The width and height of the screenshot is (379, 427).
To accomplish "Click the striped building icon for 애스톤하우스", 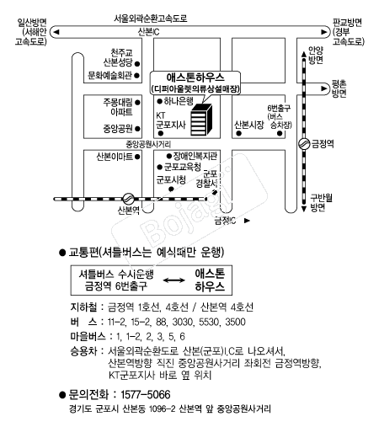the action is (x=201, y=120).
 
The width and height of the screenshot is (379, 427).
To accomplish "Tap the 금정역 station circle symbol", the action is (x=303, y=144).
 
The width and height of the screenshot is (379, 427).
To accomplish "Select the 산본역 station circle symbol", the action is (x=128, y=199).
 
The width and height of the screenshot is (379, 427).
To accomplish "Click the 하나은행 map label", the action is (x=179, y=101).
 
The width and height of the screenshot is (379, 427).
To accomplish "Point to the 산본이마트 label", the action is (x=115, y=157).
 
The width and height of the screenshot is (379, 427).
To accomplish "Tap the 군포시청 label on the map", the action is (x=171, y=179).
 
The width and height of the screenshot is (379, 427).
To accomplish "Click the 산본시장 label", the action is (x=249, y=125).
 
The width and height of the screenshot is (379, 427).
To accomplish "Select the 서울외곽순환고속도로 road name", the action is (x=151, y=19).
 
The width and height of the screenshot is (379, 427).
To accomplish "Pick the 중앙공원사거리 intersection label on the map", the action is (x=148, y=144).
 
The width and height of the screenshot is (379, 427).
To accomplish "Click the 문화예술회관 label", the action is (x=109, y=75).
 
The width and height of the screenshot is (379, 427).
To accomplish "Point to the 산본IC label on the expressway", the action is (x=148, y=32).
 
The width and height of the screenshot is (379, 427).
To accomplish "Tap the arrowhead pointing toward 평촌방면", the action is (x=324, y=88).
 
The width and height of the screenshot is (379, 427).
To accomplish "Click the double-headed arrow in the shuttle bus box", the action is (x=174, y=280).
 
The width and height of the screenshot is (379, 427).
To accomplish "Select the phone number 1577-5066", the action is (x=146, y=394).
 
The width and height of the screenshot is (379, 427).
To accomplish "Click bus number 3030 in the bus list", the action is (x=183, y=322).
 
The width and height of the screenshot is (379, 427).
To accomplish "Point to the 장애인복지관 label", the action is (x=195, y=156).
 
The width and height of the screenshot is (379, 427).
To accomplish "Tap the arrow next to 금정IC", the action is (x=247, y=221).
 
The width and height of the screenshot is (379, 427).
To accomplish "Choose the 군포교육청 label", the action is (x=183, y=167).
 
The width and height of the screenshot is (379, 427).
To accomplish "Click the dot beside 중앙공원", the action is (x=137, y=129).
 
